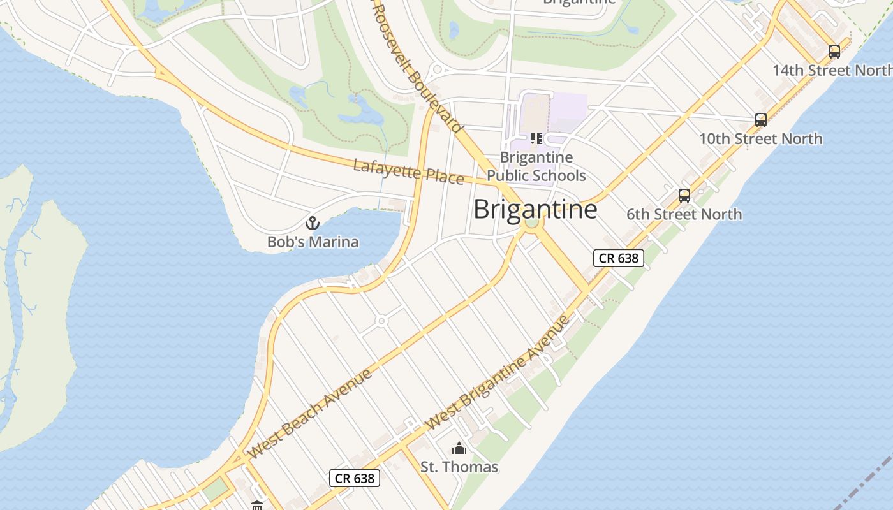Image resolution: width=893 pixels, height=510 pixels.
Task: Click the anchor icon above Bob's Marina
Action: coord(313,223)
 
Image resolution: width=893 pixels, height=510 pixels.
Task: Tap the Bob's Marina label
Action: coord(313,242)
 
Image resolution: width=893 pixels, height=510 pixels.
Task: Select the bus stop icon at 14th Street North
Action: coord(834,52)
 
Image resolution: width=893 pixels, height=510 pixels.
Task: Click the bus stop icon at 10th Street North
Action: coord(760,119)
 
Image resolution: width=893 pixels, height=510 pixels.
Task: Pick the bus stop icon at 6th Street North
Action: coord(684,196)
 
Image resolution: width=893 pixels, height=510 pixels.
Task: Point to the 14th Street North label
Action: coord(832,70)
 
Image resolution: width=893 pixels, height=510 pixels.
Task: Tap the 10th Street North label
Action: coord(760,138)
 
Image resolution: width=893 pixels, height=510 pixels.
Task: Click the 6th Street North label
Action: coord(684,214)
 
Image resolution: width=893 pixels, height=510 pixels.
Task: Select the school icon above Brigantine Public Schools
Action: coord(536,138)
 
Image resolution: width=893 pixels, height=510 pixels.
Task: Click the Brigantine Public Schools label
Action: coord(536,166)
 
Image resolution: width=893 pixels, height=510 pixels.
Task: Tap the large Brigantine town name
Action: coord(535,209)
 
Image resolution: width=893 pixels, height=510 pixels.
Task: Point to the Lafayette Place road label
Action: coord(408,172)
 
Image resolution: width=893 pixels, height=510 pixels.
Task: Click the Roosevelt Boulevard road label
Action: coord(417,67)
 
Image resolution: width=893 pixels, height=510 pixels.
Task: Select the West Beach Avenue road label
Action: coord(311,414)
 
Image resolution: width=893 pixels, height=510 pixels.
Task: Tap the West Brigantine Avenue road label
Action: coord(497,372)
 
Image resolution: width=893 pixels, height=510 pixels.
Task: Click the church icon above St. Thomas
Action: coord(459,448)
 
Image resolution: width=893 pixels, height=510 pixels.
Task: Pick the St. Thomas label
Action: coord(459,467)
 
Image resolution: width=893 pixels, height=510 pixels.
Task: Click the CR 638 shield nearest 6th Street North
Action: coord(618,258)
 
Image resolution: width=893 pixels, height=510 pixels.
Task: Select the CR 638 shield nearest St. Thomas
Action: coord(355,478)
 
